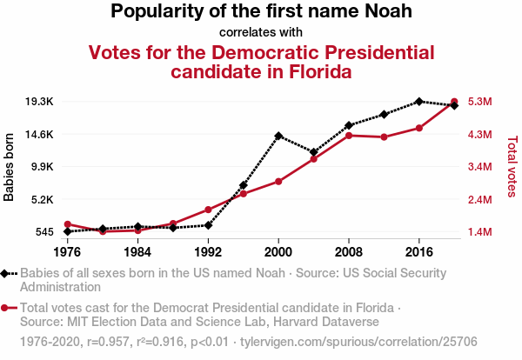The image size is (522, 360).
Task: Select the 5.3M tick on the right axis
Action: (481, 102)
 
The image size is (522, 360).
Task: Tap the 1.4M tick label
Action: (481, 232)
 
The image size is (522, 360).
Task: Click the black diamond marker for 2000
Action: (278, 136)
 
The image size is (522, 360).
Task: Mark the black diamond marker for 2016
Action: (419, 102)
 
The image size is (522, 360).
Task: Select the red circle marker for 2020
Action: (454, 102)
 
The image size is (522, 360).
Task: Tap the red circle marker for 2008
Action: (349, 136)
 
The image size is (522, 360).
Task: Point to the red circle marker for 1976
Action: (67, 224)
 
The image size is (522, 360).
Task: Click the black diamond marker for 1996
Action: (244, 185)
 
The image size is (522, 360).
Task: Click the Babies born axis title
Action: (10, 167)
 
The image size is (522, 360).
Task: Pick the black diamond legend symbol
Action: (6, 273)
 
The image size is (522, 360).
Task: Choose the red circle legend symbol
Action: (6, 308)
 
